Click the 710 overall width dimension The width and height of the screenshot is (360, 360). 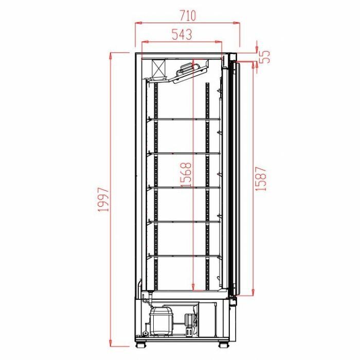coord(188,15)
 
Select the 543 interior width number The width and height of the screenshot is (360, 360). coord(182,34)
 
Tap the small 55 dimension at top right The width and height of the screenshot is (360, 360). coord(265,56)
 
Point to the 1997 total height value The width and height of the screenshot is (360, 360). coord(105,200)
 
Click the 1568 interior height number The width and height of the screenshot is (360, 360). coord(186,175)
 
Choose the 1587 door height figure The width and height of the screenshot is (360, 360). coord(261,178)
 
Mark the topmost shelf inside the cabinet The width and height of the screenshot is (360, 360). coord(184,119)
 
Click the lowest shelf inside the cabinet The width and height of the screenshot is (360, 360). coord(184,255)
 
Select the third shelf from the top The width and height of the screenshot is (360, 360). coord(184,187)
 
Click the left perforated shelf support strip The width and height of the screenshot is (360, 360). coord(155,185)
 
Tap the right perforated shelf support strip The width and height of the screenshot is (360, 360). coord(207,185)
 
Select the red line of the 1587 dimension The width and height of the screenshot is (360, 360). coord(253,178)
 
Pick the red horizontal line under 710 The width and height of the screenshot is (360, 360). coord(188,23)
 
